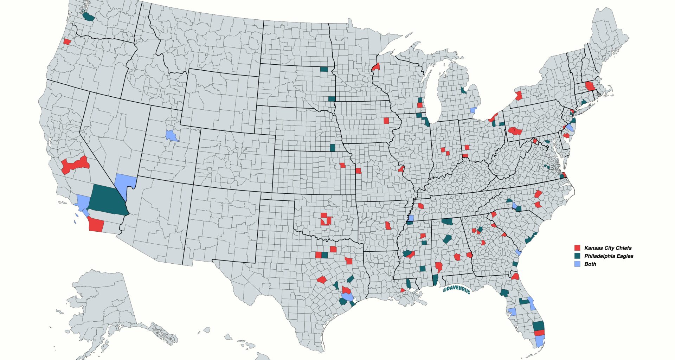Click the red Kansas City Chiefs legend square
(x=577, y=248)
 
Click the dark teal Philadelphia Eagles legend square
(x=577, y=256)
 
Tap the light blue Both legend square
(x=577, y=264)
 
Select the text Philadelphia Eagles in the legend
(x=609, y=256)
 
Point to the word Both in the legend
(x=590, y=264)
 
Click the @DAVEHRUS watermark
(x=456, y=290)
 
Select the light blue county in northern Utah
(x=171, y=135)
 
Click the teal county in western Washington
(x=88, y=17)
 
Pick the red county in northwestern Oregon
(x=67, y=41)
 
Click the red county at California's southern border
(x=96, y=224)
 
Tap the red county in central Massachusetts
(x=590, y=86)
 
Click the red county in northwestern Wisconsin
(x=376, y=67)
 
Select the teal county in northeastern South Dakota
(x=324, y=69)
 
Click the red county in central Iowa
(x=386, y=121)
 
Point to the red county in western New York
(x=519, y=96)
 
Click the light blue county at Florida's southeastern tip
(x=539, y=341)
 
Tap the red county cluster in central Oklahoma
(x=325, y=219)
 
